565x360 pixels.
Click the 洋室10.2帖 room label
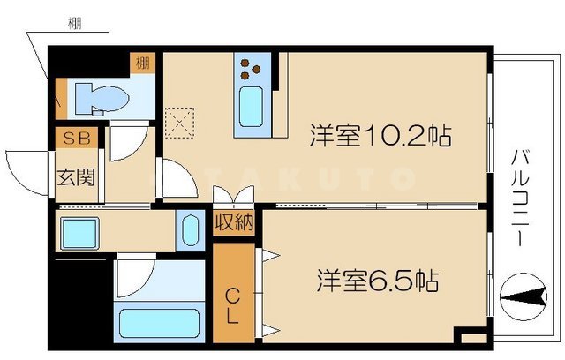(380, 137)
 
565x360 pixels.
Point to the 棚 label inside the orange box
(142, 64)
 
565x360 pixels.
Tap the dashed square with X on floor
(180, 120)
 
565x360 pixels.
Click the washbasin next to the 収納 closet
(188, 231)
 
